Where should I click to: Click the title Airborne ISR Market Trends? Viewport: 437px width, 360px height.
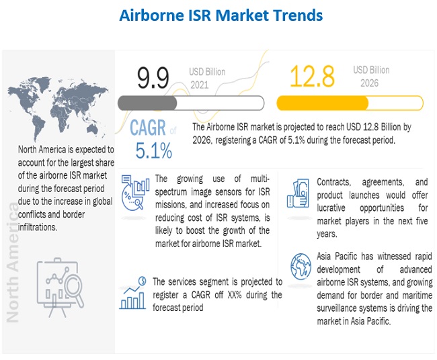pos(221,15)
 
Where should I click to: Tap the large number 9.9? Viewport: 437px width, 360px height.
pos(153,78)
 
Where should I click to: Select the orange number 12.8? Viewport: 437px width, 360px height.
pos(312,76)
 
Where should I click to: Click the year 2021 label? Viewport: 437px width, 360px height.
pos(199,85)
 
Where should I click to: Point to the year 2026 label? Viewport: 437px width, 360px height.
pos(369,83)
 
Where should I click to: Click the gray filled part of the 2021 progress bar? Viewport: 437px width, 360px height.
pos(147,103)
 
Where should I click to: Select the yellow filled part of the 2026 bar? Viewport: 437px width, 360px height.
pos(323,103)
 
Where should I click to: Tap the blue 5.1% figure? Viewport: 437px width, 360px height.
pos(154,150)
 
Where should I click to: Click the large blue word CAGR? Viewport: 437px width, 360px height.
pos(148,128)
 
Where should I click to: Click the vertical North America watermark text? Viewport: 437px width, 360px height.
pos(12,263)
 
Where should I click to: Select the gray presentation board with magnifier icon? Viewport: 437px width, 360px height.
pos(61,287)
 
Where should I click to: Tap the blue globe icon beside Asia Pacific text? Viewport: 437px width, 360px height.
pos(301,267)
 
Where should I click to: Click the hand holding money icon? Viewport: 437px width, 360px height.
pos(298,193)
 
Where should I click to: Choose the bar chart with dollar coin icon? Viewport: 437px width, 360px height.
pos(132,293)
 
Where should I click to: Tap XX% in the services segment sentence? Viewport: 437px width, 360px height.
pos(235,295)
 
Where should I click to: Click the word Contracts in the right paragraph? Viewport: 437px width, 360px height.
pos(333,182)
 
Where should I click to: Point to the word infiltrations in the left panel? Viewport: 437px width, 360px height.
pos(38,227)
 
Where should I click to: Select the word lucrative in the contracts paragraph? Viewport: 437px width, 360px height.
pos(331,208)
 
